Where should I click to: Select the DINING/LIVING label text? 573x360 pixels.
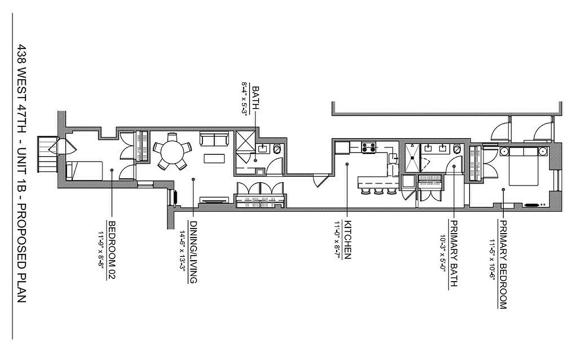tap(193, 252)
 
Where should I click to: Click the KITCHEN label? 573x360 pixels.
tap(347, 240)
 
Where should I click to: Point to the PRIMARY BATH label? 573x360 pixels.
tap(454, 254)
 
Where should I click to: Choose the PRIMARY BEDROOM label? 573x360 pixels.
tap(503, 264)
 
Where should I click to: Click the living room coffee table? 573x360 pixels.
tap(213, 158)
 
